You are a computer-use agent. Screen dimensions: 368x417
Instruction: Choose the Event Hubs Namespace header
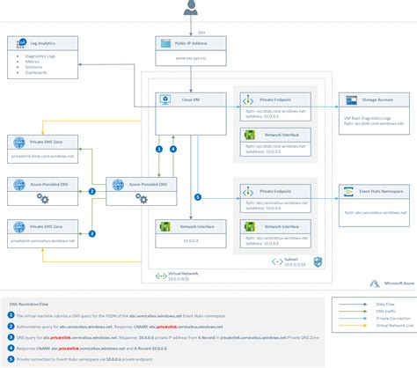click(x=376, y=189)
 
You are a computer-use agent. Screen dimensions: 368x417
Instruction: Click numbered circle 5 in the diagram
click(x=198, y=196)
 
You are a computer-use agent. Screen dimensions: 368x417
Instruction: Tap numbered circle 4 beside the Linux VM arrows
click(x=172, y=149)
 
